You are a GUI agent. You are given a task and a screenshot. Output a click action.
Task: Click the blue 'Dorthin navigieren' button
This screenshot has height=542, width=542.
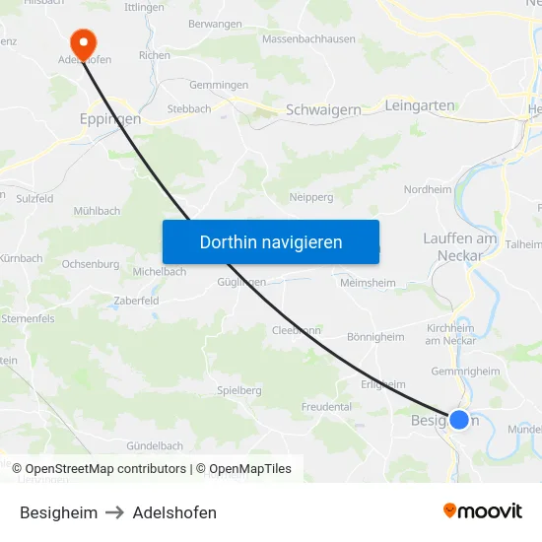coord(270,241)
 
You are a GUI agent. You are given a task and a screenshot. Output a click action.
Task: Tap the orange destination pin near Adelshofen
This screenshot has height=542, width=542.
coord(83,38)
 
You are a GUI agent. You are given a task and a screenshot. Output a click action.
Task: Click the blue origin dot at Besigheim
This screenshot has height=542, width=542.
coord(458,420)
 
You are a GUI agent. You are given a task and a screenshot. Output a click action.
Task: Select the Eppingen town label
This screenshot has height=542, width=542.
coord(109,118)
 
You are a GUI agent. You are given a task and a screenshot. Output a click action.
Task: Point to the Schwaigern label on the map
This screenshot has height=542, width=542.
coord(322,110)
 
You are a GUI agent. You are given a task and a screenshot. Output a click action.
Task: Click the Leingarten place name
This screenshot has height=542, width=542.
coord(419,104)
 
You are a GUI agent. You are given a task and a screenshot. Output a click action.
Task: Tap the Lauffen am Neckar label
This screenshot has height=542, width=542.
coord(458,247)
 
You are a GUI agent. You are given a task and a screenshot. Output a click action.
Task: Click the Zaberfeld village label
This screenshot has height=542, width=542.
coord(137,300)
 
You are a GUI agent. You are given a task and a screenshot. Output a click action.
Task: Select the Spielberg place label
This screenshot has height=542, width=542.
coord(238,390)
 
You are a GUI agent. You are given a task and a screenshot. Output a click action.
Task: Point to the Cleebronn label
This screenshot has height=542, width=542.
coord(296,330)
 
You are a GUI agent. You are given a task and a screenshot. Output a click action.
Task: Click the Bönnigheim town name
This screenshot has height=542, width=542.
coord(375,336)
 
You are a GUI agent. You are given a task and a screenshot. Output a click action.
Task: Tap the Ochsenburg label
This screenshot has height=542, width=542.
coord(90,264)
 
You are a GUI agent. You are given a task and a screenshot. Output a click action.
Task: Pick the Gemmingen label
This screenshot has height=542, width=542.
coord(218,85)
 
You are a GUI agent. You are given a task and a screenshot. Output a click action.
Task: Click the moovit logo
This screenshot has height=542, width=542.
coord(482,511)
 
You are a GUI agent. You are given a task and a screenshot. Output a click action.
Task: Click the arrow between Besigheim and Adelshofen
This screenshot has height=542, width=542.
coord(114,512)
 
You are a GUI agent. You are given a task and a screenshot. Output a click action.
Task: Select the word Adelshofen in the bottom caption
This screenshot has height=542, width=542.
coord(174,512)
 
